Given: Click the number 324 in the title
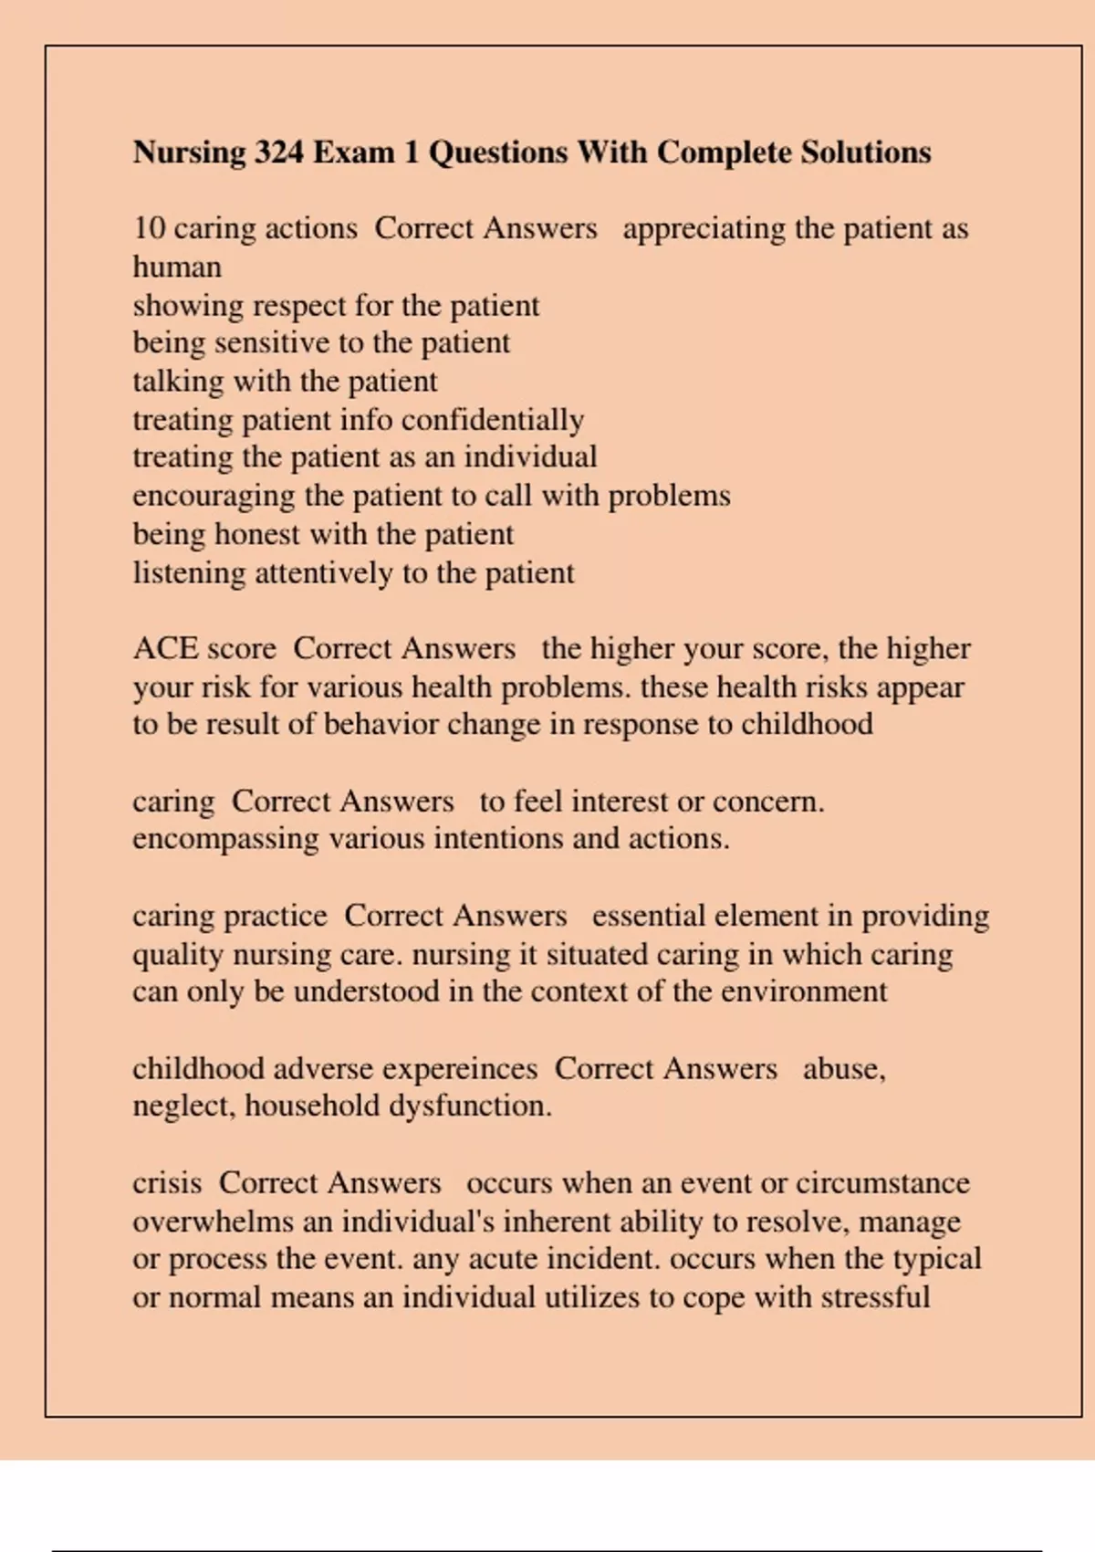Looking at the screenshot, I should [278, 152].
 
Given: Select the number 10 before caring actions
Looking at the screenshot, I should [149, 228].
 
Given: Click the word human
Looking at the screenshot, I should [177, 267].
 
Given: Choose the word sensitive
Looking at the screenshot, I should [271, 342].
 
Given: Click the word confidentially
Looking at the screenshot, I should [492, 420].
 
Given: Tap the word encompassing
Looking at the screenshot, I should [225, 838].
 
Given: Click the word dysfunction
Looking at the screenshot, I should [470, 1106].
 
